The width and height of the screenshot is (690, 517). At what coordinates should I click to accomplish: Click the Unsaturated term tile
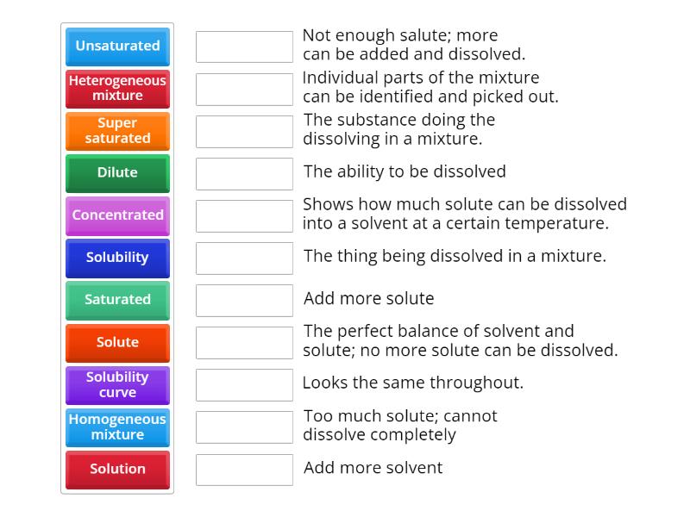(117, 47)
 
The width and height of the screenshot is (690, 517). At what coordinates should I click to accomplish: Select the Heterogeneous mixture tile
(117, 89)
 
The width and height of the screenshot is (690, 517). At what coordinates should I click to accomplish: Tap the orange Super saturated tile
(117, 131)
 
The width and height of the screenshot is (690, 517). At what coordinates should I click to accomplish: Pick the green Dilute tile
(117, 173)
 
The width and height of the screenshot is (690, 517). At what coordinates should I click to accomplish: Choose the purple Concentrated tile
(117, 215)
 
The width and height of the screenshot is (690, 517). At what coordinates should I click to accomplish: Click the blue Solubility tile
(117, 258)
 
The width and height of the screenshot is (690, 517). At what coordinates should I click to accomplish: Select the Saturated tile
(117, 300)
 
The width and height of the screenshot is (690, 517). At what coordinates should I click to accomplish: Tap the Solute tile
(117, 342)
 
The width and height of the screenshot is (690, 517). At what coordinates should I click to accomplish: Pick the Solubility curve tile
(117, 384)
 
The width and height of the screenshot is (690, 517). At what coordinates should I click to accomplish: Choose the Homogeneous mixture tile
(117, 427)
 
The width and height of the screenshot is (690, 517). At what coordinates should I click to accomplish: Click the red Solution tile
(117, 469)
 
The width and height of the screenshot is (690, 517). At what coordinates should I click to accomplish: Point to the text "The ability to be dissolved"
(405, 171)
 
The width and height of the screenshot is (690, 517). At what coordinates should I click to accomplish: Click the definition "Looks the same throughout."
(413, 383)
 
